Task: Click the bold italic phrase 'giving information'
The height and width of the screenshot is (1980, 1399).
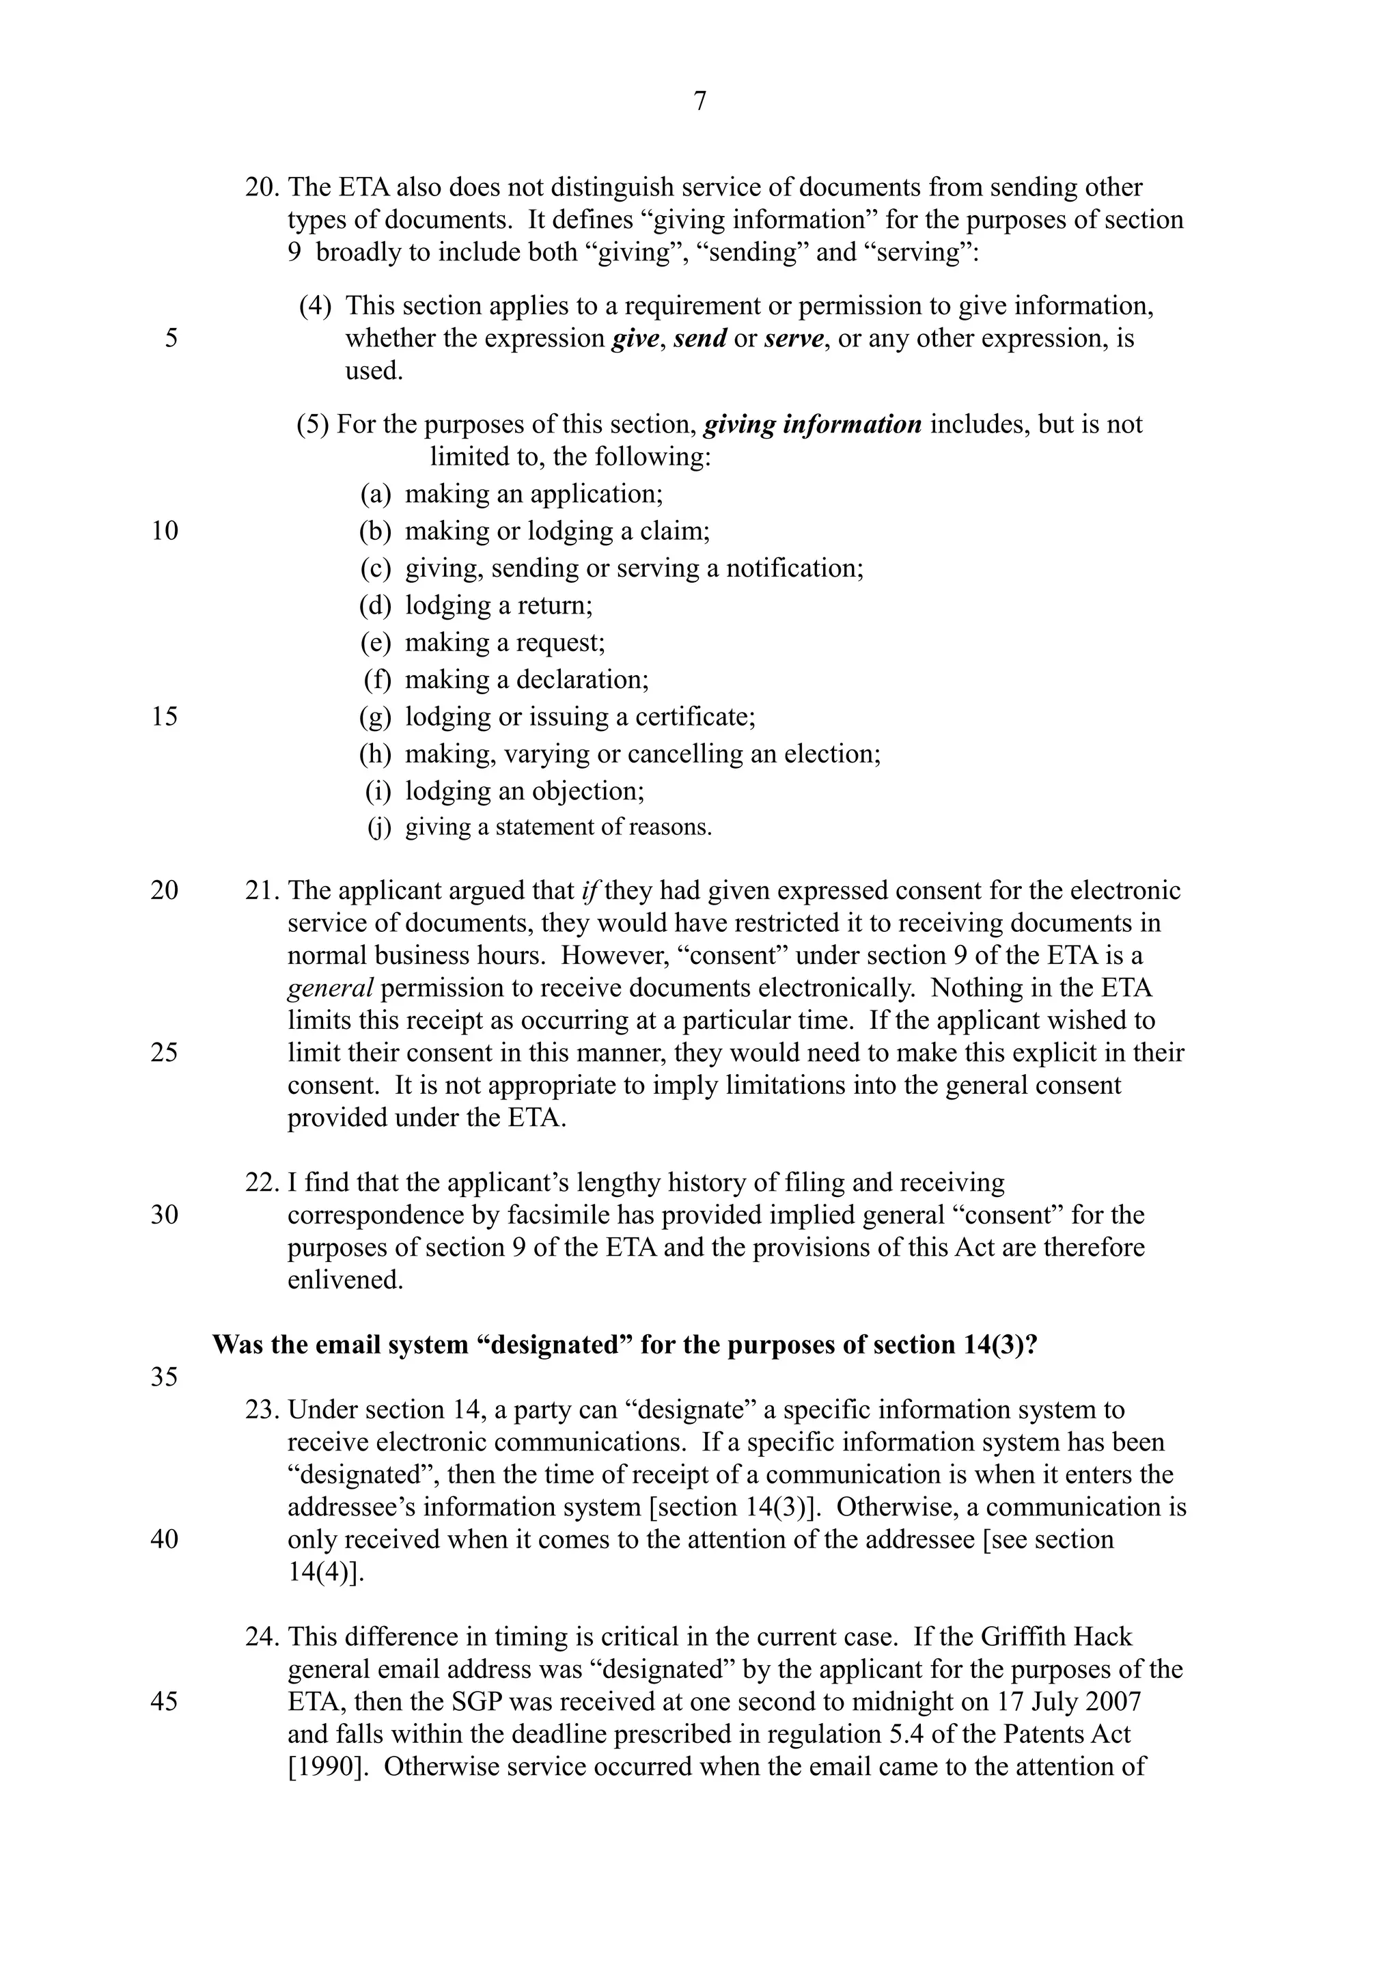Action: [813, 424]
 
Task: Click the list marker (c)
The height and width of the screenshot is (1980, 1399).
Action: [375, 568]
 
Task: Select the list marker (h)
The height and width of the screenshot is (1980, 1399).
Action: [375, 754]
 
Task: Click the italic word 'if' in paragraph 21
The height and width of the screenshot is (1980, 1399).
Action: [590, 891]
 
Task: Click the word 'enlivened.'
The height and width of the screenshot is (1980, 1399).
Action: [345, 1280]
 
